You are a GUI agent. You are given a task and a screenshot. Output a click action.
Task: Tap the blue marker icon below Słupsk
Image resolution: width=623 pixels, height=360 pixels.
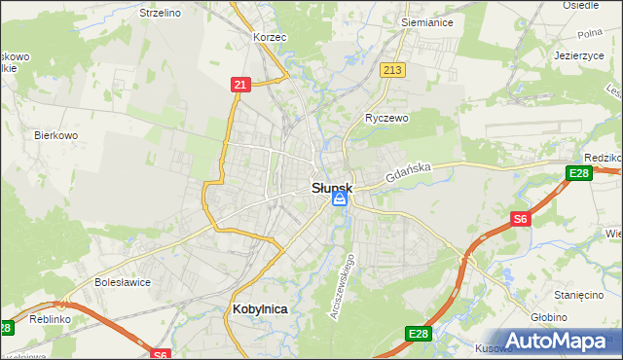(x=339, y=198)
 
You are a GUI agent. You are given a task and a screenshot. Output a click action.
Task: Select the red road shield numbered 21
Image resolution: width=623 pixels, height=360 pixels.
(x=240, y=85)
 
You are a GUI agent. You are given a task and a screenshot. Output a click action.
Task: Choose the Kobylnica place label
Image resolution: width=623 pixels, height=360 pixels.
(x=261, y=308)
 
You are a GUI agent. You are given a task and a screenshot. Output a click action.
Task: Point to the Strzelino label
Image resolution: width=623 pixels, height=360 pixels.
(x=161, y=13)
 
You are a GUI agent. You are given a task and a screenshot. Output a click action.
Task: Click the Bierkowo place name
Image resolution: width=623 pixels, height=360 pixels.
(x=55, y=135)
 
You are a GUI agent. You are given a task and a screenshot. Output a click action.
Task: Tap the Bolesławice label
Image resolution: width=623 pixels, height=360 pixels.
(x=121, y=282)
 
